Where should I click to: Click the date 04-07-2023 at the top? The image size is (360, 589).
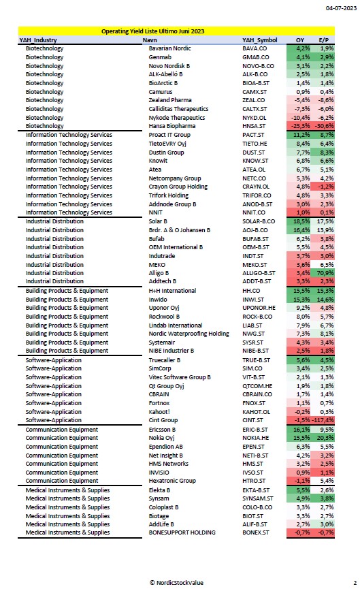[x=341, y=8]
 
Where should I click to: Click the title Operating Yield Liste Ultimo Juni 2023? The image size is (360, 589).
[x=153, y=31]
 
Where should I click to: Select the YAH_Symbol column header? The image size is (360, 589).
[x=260, y=39]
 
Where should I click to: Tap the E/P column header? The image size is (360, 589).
[x=323, y=39]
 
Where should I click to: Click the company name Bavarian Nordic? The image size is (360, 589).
[x=169, y=48]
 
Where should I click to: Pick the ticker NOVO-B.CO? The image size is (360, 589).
[x=259, y=66]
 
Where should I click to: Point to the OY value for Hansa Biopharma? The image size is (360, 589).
[x=300, y=126]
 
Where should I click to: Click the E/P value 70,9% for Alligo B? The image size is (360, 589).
[x=325, y=273]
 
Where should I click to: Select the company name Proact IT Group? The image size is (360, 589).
[x=169, y=135]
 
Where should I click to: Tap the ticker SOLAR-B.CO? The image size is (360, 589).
[x=259, y=221]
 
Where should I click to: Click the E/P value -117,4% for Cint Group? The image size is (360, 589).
[x=323, y=420]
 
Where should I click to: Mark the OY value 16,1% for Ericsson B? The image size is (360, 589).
[x=301, y=430]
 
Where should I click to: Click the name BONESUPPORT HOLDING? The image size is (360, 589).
[x=182, y=532]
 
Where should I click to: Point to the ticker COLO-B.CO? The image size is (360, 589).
[x=257, y=507]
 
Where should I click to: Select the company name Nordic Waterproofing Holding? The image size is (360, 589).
[x=189, y=334]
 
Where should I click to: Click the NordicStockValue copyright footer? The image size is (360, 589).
[x=176, y=583]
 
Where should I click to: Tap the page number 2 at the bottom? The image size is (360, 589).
[x=355, y=583]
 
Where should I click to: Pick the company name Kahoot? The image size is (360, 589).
[x=159, y=412]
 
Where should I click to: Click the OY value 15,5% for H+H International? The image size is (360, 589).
[x=301, y=291]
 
